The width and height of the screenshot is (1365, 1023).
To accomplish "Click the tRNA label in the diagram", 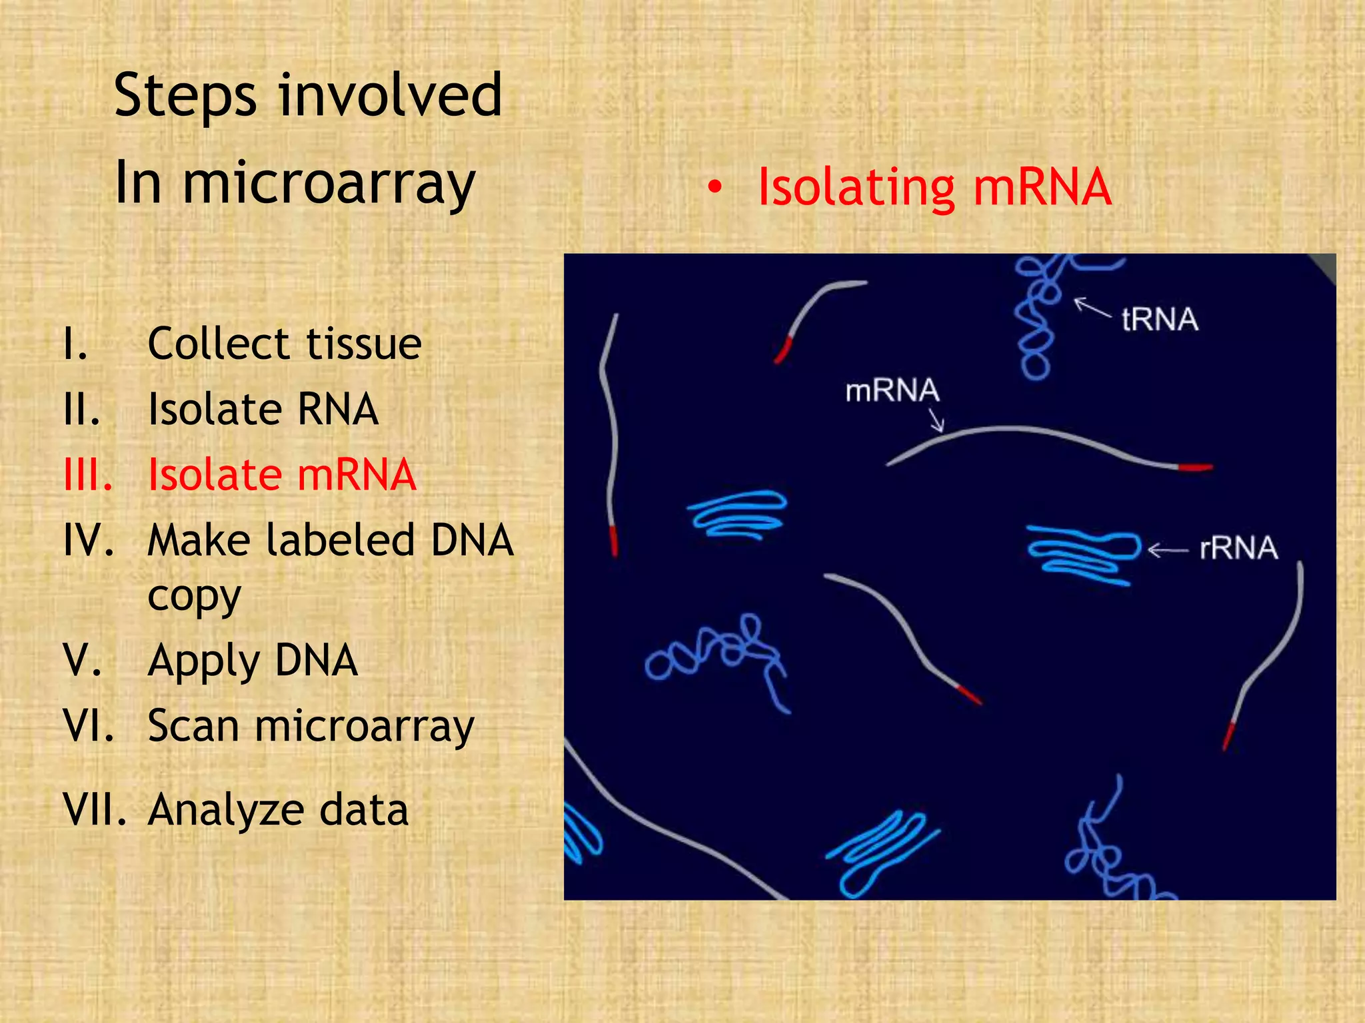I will (x=1160, y=320).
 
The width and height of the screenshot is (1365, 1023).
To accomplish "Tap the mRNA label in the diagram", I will (x=892, y=391).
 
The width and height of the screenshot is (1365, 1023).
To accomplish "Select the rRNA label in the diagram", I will (x=1238, y=549).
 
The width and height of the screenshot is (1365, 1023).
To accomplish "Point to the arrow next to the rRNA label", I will (x=1167, y=550).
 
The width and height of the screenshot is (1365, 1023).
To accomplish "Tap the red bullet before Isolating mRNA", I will (x=714, y=188).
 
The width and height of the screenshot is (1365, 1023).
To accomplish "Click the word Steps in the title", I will (x=185, y=97).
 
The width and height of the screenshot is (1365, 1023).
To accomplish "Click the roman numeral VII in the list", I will (x=94, y=811).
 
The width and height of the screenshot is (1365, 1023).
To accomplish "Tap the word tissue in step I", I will (x=363, y=344).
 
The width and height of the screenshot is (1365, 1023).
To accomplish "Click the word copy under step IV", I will (x=194, y=597).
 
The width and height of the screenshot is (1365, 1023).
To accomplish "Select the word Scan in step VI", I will (x=193, y=726).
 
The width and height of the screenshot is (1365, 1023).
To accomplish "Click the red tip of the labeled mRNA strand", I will (x=1194, y=468).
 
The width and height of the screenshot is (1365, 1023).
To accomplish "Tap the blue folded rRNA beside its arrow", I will (x=1083, y=554).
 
